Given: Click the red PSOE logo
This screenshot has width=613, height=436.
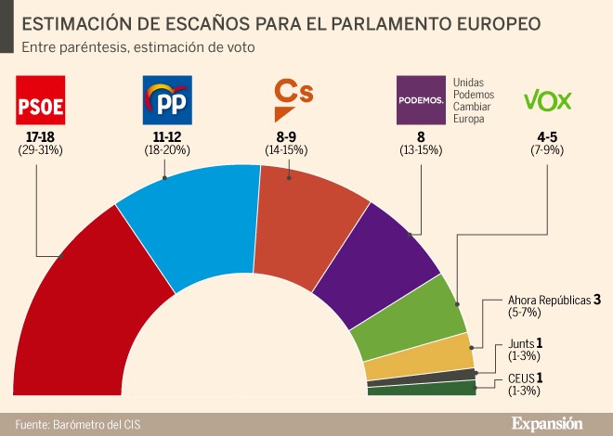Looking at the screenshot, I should click(41, 101).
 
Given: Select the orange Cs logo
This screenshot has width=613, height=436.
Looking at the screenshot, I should click(292, 99).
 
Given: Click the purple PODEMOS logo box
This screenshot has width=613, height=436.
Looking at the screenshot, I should click(421, 101).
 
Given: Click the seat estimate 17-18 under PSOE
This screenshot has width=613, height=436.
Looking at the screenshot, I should click(40, 137).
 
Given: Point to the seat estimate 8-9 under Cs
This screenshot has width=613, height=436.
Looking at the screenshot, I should click(289, 137).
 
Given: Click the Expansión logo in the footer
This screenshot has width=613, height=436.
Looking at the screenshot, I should click(547, 423).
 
